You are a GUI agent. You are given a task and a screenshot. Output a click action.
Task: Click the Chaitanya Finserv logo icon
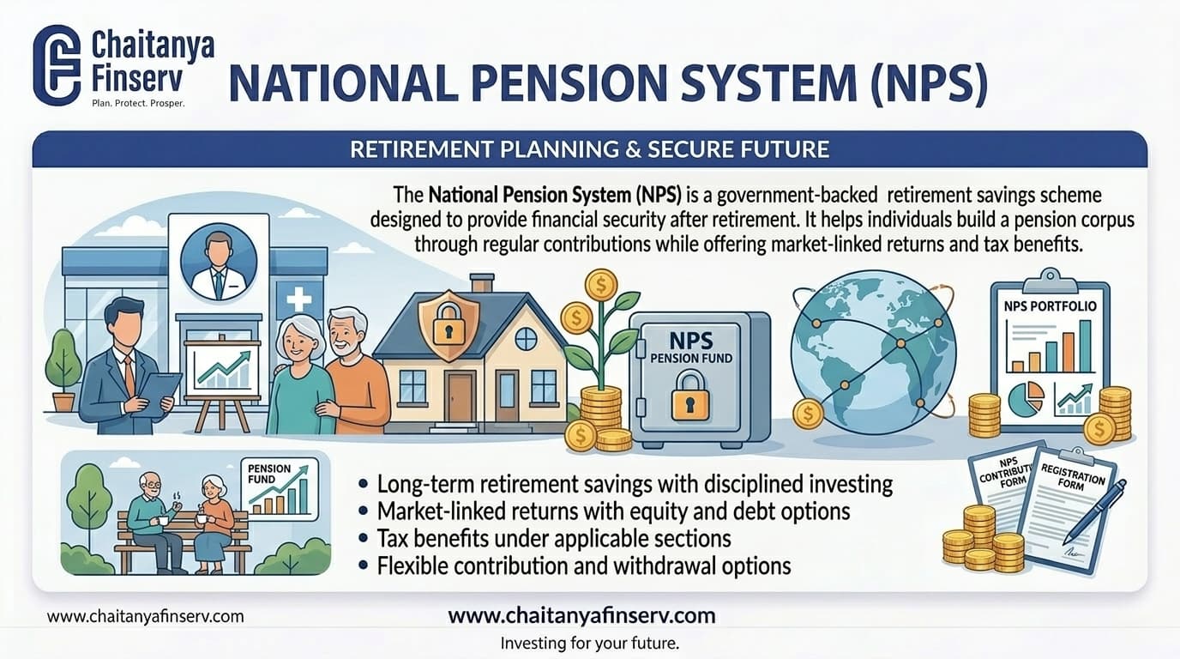56,64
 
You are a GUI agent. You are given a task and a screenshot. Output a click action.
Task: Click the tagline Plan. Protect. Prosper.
137,102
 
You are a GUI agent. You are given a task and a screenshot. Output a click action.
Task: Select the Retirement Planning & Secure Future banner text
589,149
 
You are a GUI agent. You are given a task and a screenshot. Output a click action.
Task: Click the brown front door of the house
460,396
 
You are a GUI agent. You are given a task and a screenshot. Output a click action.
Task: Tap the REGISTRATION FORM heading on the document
1073,475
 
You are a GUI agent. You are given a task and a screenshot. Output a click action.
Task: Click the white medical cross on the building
299,299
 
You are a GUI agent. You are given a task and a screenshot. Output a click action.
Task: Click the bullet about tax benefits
553,539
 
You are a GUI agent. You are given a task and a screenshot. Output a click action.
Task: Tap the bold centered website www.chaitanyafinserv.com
581,615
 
